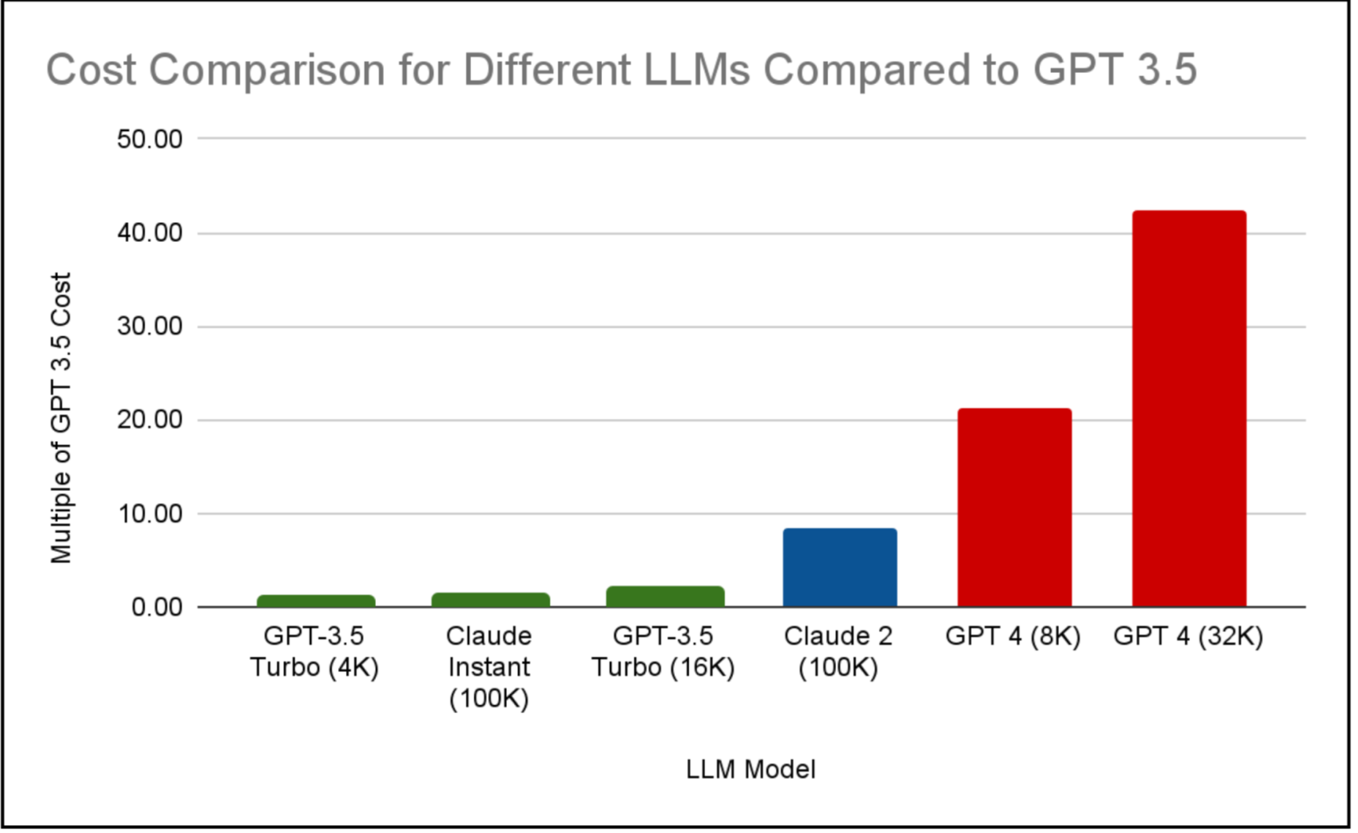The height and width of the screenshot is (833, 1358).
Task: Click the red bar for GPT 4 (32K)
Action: tap(1188, 409)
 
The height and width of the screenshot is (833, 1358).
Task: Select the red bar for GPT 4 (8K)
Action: tap(1014, 508)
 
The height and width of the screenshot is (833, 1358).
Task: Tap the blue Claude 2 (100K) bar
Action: tap(839, 567)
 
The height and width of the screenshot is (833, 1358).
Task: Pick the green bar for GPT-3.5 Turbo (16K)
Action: tap(665, 597)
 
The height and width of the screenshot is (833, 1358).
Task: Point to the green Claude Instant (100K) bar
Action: tap(490, 600)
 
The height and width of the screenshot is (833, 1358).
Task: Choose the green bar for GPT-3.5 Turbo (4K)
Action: tap(316, 601)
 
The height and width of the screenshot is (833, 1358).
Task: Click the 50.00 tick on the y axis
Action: tap(149, 140)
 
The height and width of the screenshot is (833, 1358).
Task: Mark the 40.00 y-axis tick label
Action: tap(149, 233)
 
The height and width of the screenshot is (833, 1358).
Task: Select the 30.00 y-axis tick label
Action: tap(149, 327)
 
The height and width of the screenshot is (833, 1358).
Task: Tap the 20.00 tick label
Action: tap(149, 420)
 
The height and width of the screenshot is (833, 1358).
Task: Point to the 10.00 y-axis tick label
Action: tap(149, 514)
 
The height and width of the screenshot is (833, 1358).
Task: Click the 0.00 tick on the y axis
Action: tap(156, 608)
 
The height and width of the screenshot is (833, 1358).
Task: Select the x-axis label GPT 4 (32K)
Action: tap(1187, 636)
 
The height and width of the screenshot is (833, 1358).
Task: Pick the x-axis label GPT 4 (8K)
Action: tap(1012, 636)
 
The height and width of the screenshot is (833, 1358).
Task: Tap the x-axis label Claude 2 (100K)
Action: tap(838, 651)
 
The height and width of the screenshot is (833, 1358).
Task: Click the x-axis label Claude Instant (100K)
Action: tap(489, 666)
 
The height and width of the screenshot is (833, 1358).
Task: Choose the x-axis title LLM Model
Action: tap(750, 770)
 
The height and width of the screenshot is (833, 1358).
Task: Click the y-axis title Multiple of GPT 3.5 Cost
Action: tap(61, 418)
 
